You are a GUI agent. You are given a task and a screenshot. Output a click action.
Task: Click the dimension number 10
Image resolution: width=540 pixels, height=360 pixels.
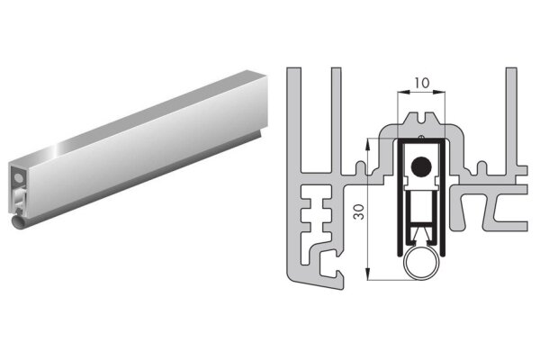(x=421, y=83)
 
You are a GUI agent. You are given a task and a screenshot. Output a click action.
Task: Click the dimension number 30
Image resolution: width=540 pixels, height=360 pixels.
(x=359, y=211)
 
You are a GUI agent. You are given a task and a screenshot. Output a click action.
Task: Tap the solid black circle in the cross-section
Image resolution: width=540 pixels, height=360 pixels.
(x=421, y=166)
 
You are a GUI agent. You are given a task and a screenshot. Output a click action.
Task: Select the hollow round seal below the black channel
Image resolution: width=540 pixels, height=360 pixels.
(x=422, y=263)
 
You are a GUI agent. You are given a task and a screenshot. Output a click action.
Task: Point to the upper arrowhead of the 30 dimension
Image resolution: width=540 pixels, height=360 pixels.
(x=368, y=143)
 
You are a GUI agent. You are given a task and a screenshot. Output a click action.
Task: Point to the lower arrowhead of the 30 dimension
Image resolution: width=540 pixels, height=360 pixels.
(x=368, y=274)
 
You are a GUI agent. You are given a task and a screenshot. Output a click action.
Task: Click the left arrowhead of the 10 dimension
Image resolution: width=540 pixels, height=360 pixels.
(x=403, y=92)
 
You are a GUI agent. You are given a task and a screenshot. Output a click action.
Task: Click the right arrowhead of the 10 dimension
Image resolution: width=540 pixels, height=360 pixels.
(x=439, y=92)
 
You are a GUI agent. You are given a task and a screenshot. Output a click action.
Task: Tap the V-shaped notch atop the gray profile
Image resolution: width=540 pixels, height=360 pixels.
(x=422, y=118)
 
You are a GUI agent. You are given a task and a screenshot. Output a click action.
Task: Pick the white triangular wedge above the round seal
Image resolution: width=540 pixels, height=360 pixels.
(x=422, y=235)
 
